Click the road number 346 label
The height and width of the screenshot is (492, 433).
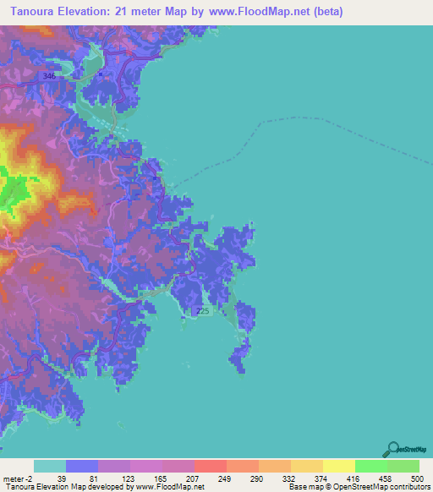[x=49, y=77]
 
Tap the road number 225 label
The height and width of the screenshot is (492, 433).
[x=202, y=312]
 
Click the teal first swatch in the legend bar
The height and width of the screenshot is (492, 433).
[x=50, y=467]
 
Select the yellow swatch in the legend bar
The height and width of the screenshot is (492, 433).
[x=339, y=467]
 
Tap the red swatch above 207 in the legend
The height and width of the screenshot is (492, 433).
[x=211, y=467]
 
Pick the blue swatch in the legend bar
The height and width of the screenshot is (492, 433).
[x=82, y=467]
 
